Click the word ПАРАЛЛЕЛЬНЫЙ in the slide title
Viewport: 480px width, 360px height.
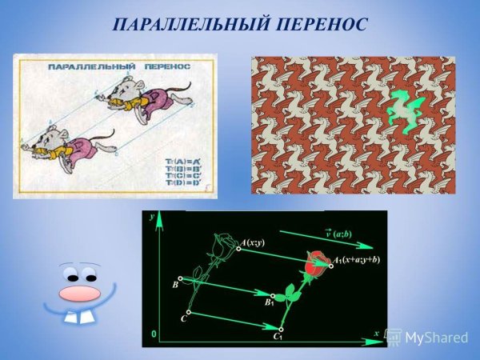click(x=186, y=25)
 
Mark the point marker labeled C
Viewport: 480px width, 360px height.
click(x=188, y=313)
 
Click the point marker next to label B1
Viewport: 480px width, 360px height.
click(x=274, y=295)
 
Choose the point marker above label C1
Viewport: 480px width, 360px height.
click(x=280, y=328)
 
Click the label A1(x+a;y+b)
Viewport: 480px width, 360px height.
click(x=357, y=260)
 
